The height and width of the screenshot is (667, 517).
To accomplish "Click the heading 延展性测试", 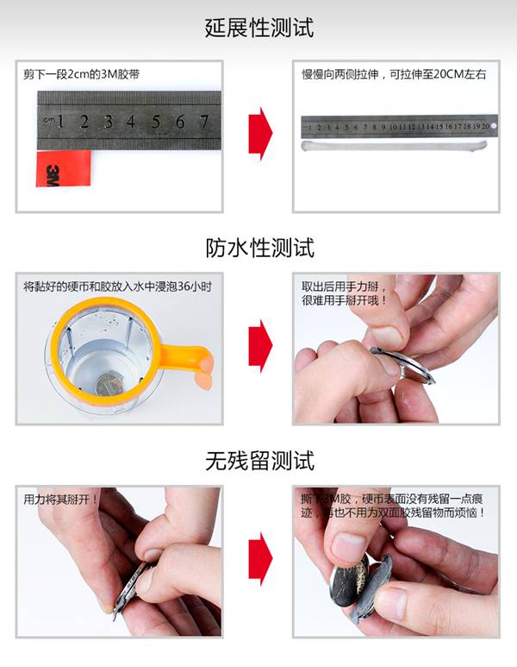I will (259, 28).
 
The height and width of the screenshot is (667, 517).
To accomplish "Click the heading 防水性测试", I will (259, 249).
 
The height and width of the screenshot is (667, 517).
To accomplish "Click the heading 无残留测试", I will (259, 460).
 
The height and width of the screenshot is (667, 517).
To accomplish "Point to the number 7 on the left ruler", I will (204, 122).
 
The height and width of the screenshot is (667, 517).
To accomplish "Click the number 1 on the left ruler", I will (61, 122).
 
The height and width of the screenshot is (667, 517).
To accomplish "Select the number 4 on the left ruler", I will (132, 122).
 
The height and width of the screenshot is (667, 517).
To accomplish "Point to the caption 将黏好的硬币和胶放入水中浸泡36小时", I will (117, 286).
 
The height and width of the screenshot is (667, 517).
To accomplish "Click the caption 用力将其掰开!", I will (60, 499).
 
